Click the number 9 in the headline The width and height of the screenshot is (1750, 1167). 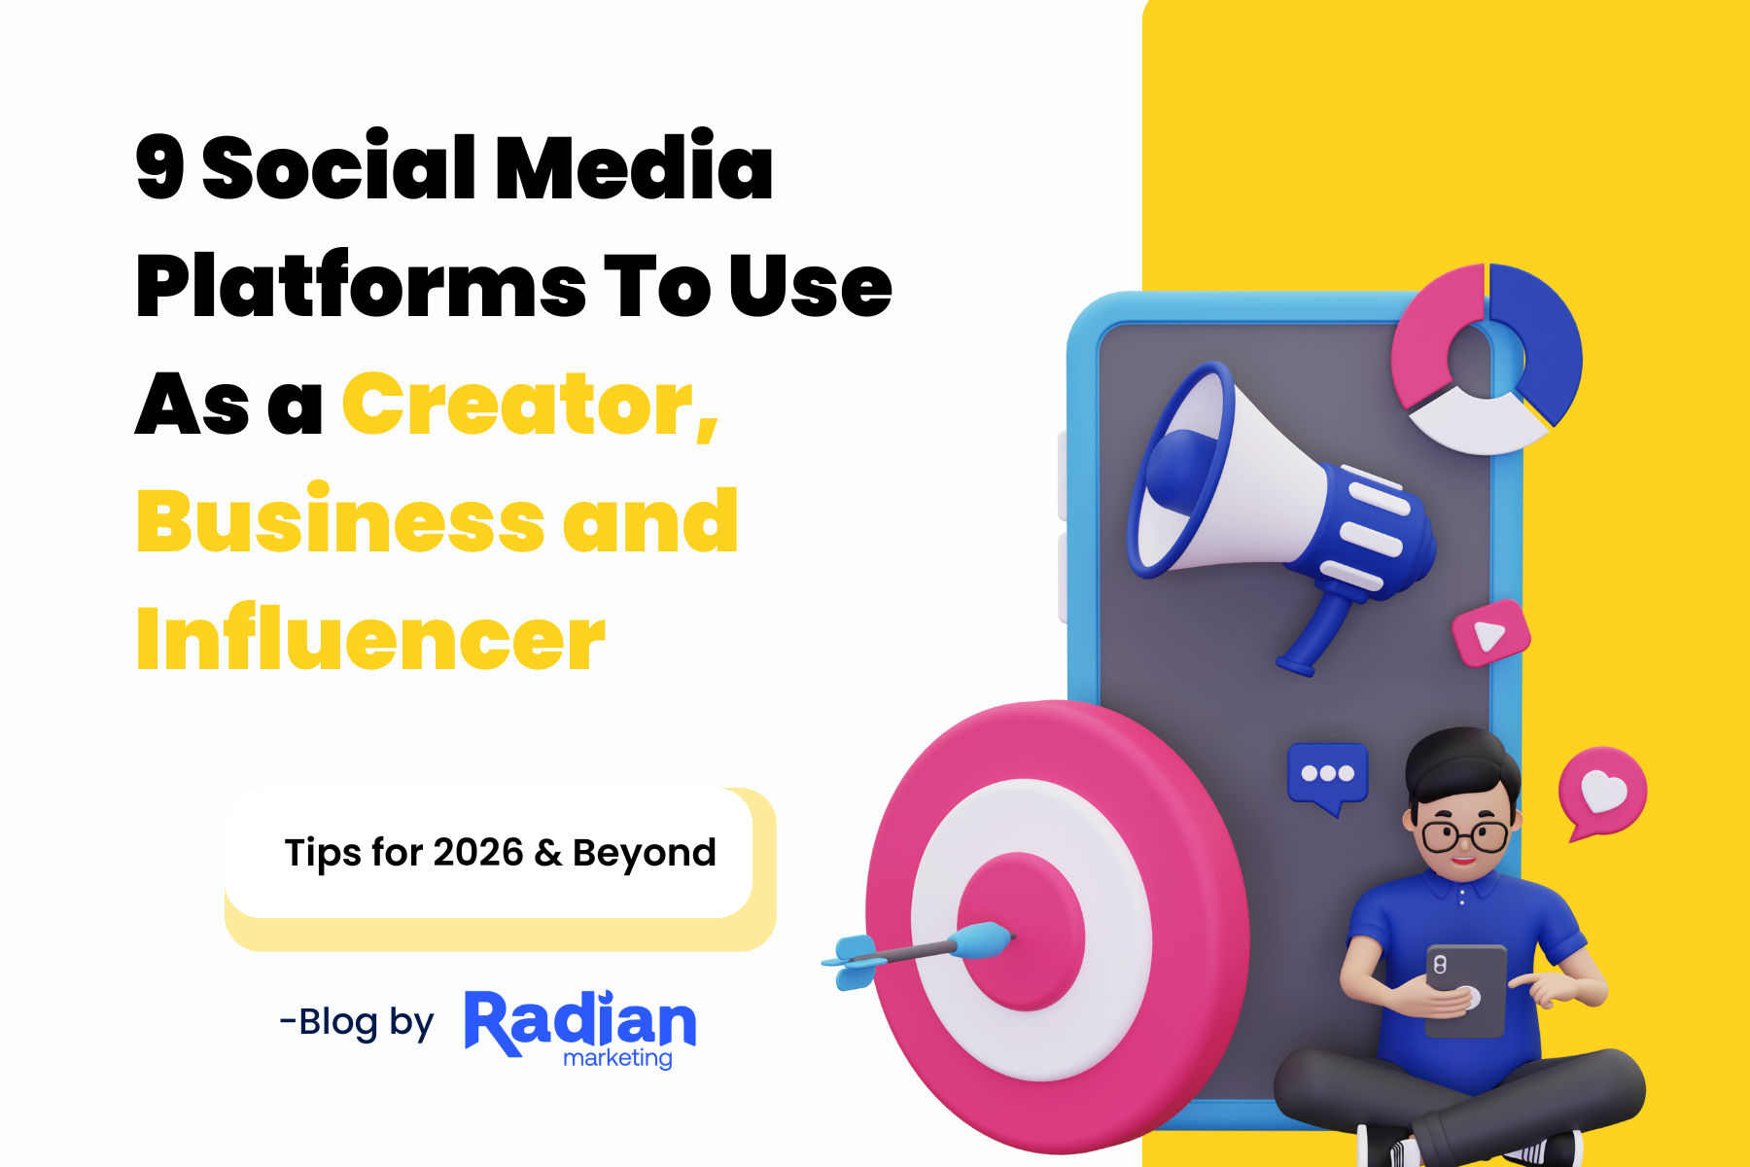(x=160, y=167)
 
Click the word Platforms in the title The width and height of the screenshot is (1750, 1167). (x=361, y=286)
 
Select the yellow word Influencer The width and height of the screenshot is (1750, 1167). (x=370, y=639)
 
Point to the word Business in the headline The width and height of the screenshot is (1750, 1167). (x=339, y=521)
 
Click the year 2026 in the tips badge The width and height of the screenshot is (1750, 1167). (x=477, y=853)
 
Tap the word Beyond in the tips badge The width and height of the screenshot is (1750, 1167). (x=644, y=854)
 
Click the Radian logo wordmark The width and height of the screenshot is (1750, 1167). (x=580, y=1022)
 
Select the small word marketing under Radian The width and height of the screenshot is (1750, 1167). (x=617, y=1058)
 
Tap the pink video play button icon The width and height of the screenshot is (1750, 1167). (x=1490, y=634)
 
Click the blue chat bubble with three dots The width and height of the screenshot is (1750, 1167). (x=1327, y=775)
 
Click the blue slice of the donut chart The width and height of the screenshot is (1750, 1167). (x=1541, y=340)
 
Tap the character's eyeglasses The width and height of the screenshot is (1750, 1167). (x=1464, y=835)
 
